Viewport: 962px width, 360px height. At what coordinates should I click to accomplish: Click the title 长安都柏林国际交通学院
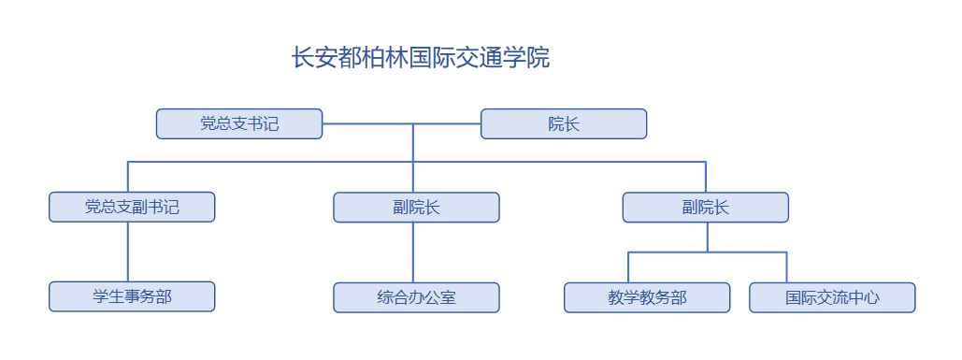(421, 58)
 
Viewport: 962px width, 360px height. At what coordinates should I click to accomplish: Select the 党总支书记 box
(239, 123)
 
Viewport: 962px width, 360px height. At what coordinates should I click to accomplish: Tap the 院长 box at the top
(564, 123)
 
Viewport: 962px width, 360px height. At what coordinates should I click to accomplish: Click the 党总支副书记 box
(132, 207)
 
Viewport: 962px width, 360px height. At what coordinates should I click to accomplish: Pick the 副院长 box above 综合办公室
(416, 207)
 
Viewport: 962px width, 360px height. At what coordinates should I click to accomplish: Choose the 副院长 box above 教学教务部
(706, 207)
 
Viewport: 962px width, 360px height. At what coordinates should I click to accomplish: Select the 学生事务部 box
(132, 296)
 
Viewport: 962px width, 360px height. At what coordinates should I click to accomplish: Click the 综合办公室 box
(416, 297)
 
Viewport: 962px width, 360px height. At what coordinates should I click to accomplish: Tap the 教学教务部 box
(647, 297)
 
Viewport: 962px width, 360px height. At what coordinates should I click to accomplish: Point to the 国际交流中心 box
(832, 297)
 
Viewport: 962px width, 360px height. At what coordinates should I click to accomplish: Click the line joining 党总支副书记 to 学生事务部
(128, 252)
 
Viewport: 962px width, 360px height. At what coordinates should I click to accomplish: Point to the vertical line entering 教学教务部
(628, 267)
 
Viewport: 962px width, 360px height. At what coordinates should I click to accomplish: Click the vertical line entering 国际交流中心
(786, 267)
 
